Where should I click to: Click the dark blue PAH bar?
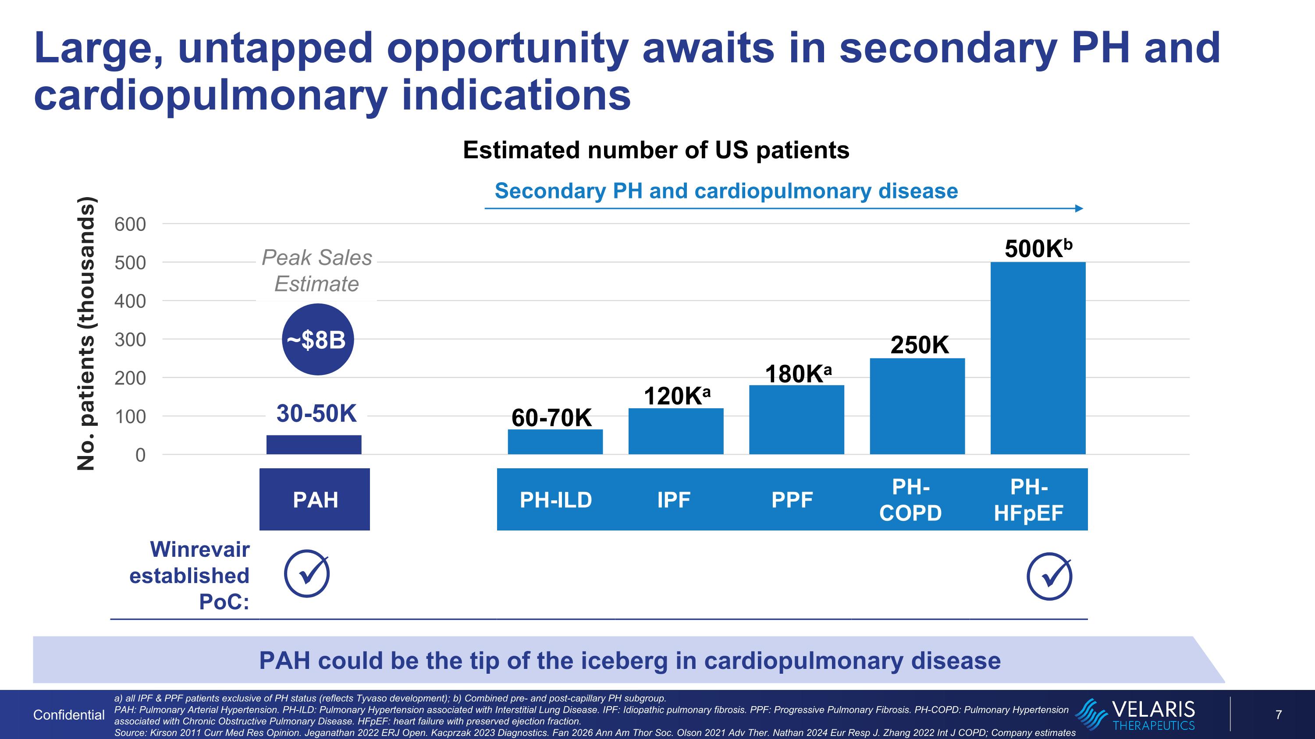pos(314,444)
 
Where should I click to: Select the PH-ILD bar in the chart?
pos(555,442)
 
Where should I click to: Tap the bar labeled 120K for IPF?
pos(676,431)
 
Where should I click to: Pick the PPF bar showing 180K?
pos(796,419)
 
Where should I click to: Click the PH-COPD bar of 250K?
pos(917,406)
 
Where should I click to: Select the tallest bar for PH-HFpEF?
pos(1038,358)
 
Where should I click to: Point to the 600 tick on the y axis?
pos(130,224)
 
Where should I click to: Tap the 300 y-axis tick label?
pos(130,339)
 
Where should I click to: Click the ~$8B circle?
pos(317,339)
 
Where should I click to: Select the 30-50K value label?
pos(316,413)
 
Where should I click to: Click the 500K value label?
pos(1038,249)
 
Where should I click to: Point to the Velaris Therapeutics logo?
pos(1135,714)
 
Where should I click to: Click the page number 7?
pos(1279,714)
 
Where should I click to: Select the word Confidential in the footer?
pos(69,715)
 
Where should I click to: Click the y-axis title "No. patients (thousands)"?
pos(86,333)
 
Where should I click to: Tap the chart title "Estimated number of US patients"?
pos(656,150)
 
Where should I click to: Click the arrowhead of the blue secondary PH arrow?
pos(1079,208)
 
